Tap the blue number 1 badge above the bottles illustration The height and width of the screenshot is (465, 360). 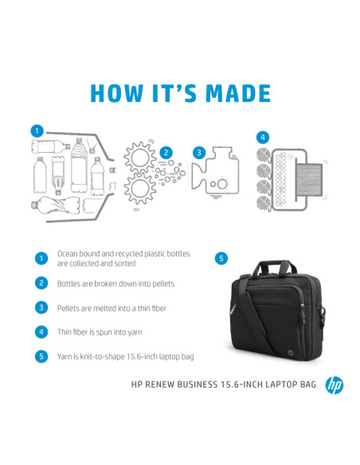36,130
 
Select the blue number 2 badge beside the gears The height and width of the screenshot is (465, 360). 166,152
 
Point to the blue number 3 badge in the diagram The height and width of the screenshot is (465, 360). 200,151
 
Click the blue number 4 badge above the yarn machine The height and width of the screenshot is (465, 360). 263,136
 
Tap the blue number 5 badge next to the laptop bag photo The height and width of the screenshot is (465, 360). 221,258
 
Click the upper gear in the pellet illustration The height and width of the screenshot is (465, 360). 141,156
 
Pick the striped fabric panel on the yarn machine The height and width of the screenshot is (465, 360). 310,176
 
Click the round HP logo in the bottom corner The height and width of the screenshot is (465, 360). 334,385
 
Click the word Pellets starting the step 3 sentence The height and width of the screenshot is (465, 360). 68,307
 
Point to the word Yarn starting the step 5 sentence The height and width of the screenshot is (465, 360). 65,357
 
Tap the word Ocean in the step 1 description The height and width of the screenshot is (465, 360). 68,253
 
